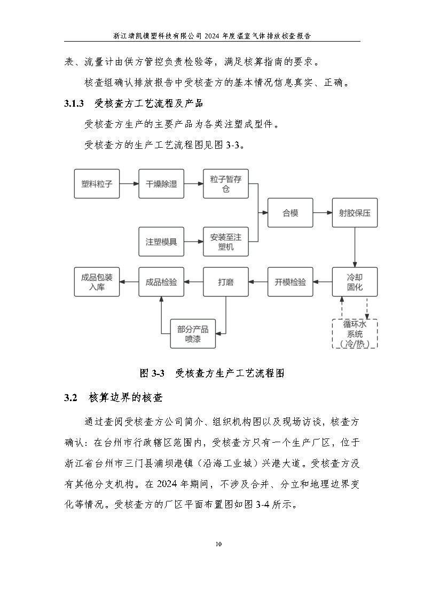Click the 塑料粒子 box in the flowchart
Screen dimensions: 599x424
click(x=97, y=184)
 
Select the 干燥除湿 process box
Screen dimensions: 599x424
click(x=161, y=184)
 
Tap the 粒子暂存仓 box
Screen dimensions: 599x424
click(x=226, y=184)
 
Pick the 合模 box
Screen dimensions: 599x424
click(x=290, y=213)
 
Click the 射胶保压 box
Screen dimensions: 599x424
click(x=355, y=213)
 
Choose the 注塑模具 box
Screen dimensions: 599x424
click(x=161, y=242)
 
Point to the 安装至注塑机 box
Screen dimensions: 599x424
click(x=226, y=242)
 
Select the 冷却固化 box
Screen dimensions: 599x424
click(x=355, y=282)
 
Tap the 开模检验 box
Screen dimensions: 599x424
click(x=290, y=282)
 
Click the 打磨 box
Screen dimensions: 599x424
click(x=226, y=282)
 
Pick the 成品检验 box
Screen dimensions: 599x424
click(x=161, y=282)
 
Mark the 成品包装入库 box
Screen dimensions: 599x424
click(x=97, y=282)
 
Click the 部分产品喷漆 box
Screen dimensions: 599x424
click(x=193, y=334)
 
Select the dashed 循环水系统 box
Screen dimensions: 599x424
click(x=355, y=334)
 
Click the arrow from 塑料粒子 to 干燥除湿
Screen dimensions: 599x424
click(x=129, y=184)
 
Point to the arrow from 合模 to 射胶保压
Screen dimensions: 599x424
click(x=322, y=213)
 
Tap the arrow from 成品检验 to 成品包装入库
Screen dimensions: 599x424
click(x=129, y=282)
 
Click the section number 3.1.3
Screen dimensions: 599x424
click(x=74, y=103)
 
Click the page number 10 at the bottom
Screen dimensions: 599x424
click(x=218, y=544)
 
